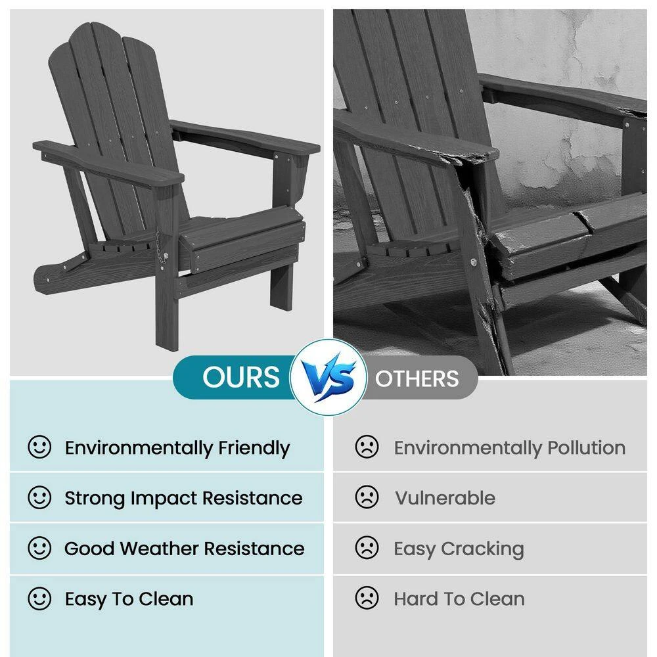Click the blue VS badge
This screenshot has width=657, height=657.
tap(328, 376)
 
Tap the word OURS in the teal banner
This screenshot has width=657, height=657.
tap(241, 376)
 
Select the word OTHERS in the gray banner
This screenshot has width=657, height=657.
tap(417, 378)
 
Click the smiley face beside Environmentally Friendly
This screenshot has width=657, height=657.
tap(39, 447)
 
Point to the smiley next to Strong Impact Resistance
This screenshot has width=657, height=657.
tap(39, 497)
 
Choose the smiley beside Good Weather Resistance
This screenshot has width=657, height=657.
tap(39, 548)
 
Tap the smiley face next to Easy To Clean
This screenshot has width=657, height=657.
tap(39, 598)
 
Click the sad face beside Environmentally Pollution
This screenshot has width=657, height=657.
tap(367, 447)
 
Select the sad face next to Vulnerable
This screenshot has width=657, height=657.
tap(367, 497)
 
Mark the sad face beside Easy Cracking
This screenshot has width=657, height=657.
tap(367, 547)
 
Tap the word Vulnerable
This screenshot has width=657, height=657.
tap(445, 498)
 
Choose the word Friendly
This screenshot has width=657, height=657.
tap(254, 449)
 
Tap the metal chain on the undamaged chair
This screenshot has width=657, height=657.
tap(160, 247)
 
